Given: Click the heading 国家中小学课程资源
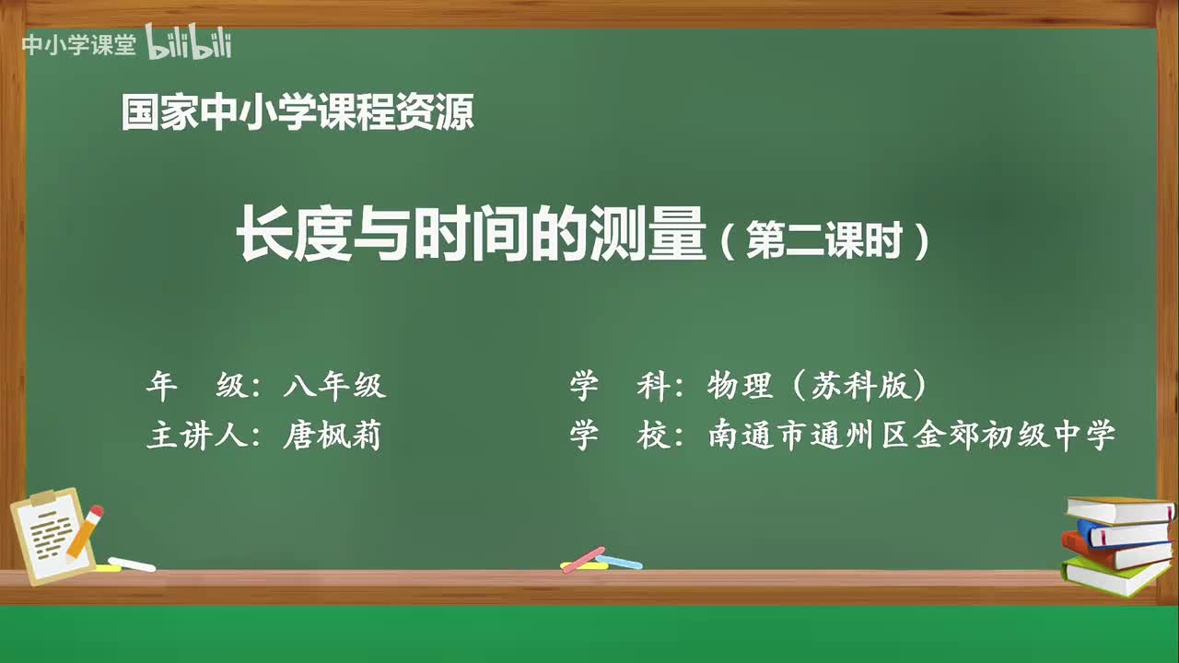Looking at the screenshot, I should click(x=298, y=114).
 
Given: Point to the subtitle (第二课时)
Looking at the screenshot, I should click(x=824, y=243).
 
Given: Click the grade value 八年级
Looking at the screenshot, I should click(x=334, y=386).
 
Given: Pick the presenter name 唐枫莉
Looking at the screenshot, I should click(x=333, y=435).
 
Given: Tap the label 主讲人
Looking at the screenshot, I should click(x=197, y=435).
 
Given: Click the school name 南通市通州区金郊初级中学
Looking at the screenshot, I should click(x=912, y=435).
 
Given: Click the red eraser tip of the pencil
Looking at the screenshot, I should click(x=97, y=510).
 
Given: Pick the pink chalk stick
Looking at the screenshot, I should click(x=582, y=559).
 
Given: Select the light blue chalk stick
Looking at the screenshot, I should click(x=619, y=561).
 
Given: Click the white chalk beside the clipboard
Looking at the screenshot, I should click(x=132, y=564).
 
